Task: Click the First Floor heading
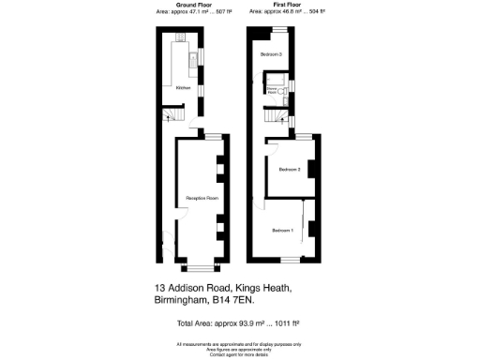(x=273, y=5)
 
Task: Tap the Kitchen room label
(x=185, y=88)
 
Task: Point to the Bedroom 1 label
(x=282, y=230)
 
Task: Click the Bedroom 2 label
(x=289, y=169)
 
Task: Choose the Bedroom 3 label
(x=272, y=55)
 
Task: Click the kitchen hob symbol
(x=182, y=44)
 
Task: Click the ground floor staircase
(x=170, y=115)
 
